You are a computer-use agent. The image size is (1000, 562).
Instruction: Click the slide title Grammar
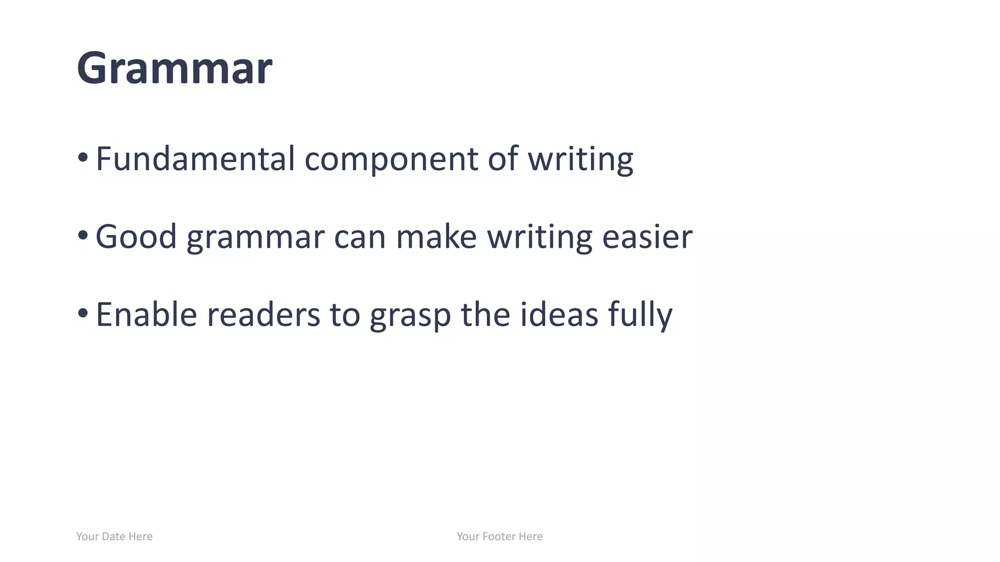click(174, 68)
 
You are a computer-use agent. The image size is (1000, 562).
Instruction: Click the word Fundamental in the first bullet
click(195, 159)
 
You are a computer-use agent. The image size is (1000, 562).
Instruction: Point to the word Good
click(136, 237)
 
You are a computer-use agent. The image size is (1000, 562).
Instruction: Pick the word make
click(436, 237)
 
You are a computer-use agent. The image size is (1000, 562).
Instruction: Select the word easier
click(647, 237)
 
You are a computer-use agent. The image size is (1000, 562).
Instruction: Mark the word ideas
click(559, 315)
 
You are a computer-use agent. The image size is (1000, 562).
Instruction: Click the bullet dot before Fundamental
click(83, 158)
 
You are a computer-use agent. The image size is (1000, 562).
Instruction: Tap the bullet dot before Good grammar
click(83, 236)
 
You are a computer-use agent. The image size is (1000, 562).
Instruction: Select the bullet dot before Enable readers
click(83, 313)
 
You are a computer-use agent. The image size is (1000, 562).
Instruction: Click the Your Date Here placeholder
click(114, 537)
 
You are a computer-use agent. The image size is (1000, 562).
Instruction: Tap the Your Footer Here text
click(500, 537)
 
